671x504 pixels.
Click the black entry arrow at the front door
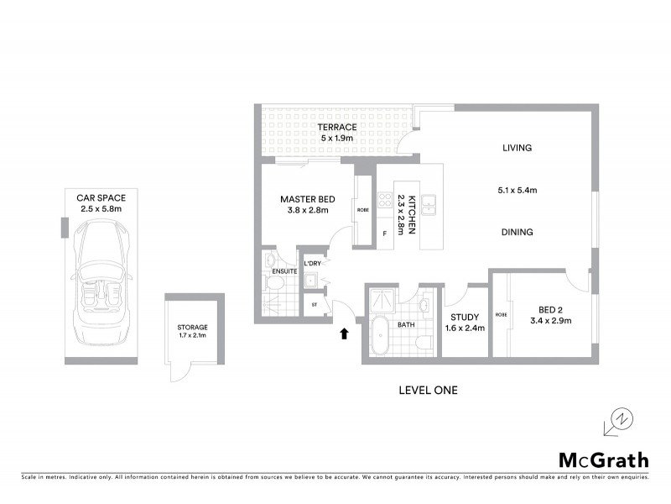(x=343, y=334)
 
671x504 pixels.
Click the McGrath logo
(x=603, y=459)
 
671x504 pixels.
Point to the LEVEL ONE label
(x=428, y=391)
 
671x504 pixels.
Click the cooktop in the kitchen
(x=385, y=200)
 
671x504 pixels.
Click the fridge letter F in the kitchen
(x=385, y=234)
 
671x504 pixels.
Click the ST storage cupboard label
(x=314, y=305)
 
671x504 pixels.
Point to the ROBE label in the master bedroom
(x=362, y=210)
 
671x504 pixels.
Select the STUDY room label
(x=464, y=317)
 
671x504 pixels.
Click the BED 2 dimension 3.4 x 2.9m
(x=551, y=321)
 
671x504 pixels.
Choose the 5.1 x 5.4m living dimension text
(x=517, y=191)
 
